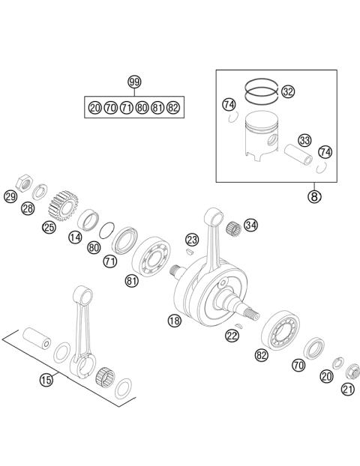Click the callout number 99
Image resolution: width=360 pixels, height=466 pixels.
[x=134, y=82]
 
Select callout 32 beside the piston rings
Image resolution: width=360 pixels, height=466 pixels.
[x=288, y=92]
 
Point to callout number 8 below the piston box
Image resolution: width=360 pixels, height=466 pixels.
[x=314, y=197]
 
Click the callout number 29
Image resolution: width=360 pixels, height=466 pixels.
[x=10, y=197]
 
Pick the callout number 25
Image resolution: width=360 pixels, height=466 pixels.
[x=49, y=226]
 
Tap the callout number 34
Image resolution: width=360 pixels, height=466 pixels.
[x=250, y=225]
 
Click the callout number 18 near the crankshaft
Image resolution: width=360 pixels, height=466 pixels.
[x=174, y=321]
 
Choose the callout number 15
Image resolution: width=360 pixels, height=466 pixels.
[x=46, y=380]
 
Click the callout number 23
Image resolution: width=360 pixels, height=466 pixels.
[x=192, y=240]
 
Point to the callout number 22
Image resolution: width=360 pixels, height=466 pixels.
[x=232, y=336]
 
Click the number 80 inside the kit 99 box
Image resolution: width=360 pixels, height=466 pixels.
[x=142, y=108]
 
